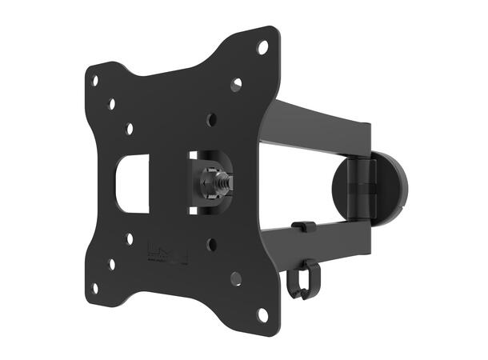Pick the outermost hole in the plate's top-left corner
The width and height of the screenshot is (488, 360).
pyautogui.click(x=94, y=80)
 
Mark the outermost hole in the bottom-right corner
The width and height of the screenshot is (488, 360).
pyautogui.click(x=262, y=314)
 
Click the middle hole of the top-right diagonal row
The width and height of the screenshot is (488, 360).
pyautogui.click(x=236, y=84)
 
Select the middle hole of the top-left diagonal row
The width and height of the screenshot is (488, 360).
pyautogui.click(x=111, y=104)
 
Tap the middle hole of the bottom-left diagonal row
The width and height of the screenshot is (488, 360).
pyautogui.click(x=111, y=263)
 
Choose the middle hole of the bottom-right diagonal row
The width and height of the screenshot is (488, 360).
pyautogui.click(x=236, y=278)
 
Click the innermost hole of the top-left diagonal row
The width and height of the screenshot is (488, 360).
pyautogui.click(x=128, y=127)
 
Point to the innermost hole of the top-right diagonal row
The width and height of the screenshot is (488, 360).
pyautogui.click(x=210, y=120)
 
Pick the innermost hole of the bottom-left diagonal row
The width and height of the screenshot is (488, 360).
pyautogui.click(x=129, y=238)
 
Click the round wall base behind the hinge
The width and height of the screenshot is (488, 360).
pyautogui.click(x=391, y=187)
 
